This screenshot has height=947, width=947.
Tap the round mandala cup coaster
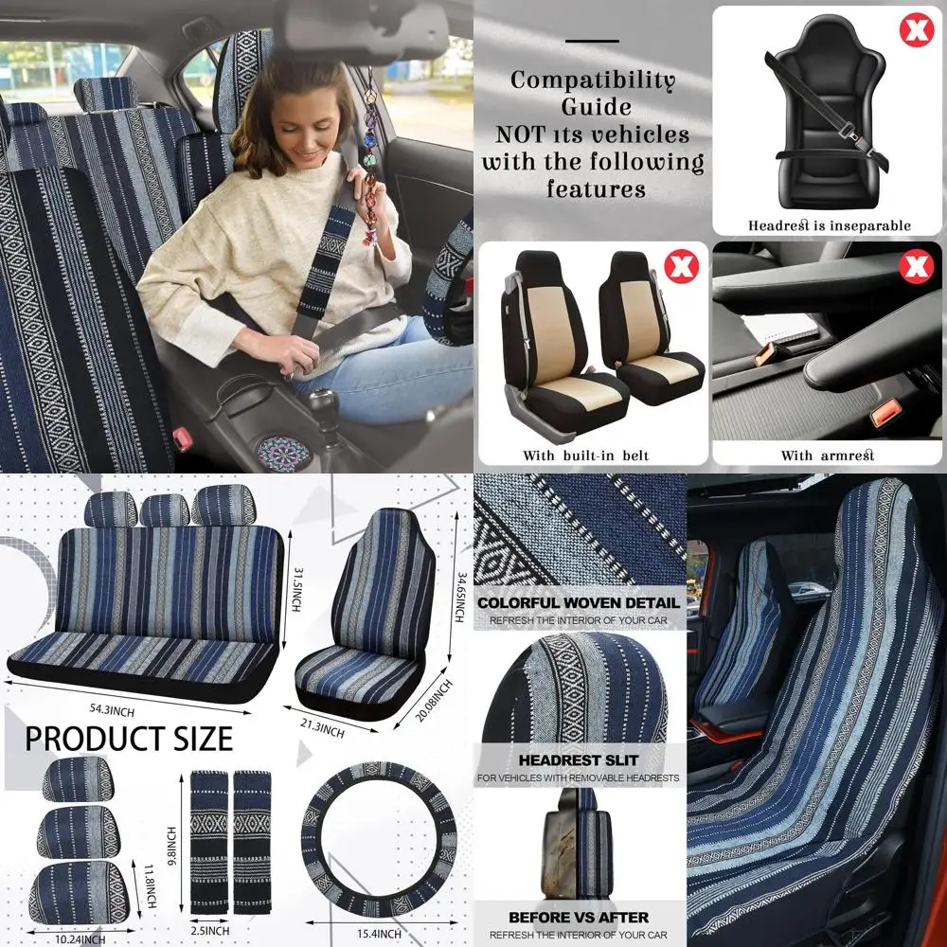283,452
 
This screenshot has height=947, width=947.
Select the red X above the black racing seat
915,29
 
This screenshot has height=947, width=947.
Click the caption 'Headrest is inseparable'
829,225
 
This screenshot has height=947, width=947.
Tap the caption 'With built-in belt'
586,456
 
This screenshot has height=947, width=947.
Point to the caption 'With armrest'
827,456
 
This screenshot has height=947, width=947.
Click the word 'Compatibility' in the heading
593,80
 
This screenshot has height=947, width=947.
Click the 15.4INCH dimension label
379,934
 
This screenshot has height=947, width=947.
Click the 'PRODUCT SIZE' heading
128,738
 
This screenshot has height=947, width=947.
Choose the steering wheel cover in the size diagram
379,837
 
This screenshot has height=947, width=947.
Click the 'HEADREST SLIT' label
579,759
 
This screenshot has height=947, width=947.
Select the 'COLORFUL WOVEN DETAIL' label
579,602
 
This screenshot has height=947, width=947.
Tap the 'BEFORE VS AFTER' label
579,917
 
